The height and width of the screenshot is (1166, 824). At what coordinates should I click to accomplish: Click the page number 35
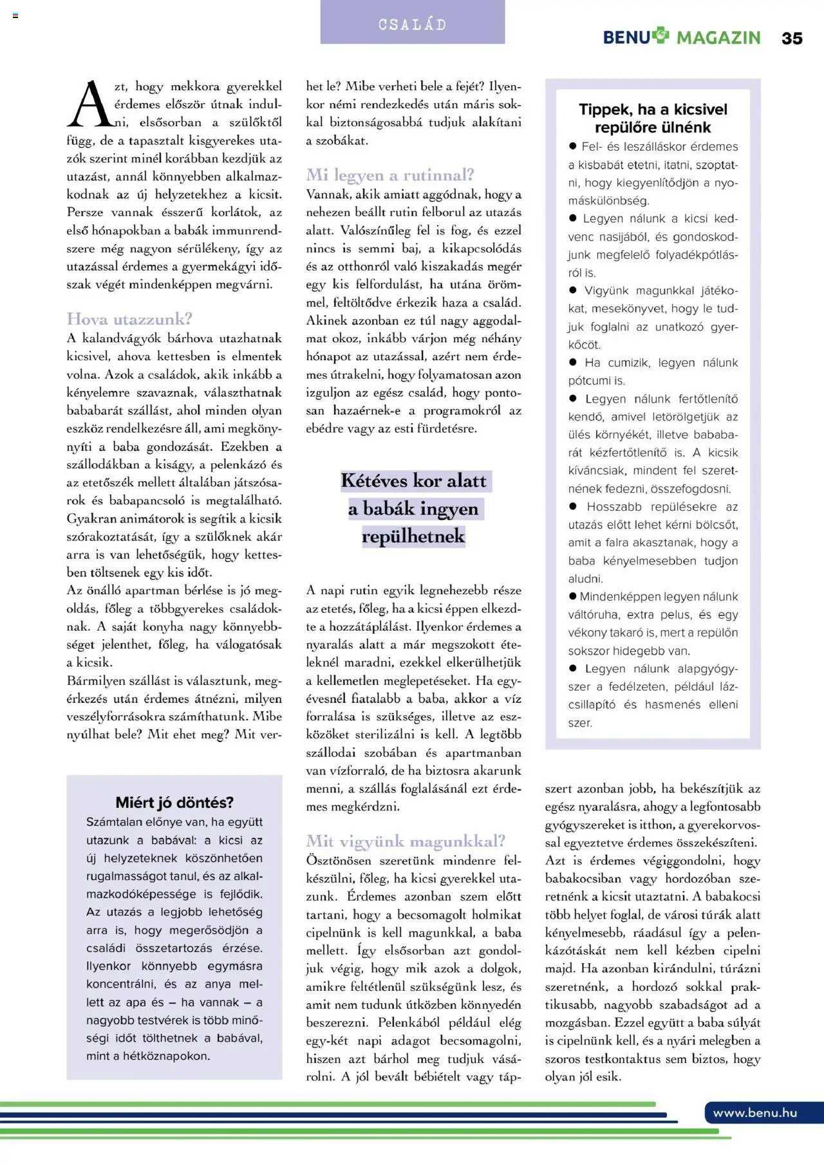pos(792,38)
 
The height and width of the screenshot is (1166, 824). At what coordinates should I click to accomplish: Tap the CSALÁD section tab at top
pos(412,24)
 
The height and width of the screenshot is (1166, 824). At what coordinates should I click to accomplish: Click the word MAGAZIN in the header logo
pos(718,38)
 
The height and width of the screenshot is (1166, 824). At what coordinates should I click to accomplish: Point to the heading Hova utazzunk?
pos(129,319)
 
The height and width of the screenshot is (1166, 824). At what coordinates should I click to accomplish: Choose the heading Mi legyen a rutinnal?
pos(390,175)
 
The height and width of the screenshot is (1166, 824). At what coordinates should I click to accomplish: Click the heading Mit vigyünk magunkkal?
pos(406,841)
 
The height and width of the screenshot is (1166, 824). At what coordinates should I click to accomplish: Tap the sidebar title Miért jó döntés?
pos(174,803)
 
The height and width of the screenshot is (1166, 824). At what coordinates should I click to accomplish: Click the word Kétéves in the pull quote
pos(374,481)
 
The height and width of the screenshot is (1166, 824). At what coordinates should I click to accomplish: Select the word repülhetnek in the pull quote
pos(413,536)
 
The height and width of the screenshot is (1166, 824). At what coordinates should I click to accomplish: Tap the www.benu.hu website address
pos(755,1113)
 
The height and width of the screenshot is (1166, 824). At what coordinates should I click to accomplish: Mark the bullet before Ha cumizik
pos(573,363)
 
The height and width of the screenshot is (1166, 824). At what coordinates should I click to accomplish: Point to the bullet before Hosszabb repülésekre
pos(573,507)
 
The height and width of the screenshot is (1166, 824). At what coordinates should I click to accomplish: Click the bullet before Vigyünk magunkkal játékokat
pos(573,291)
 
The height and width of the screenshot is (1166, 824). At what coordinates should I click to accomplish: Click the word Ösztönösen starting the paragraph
pos(339,861)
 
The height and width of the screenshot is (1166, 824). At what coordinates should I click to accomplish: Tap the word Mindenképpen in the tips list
pos(619,597)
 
